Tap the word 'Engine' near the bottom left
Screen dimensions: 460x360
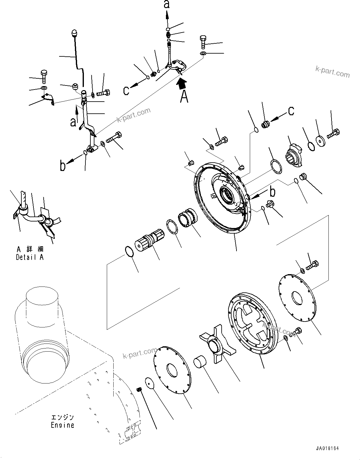click(62, 425)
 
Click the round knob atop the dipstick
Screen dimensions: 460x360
click(74, 33)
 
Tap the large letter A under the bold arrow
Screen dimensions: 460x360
click(184, 97)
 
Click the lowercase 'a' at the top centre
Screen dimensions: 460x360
click(167, 4)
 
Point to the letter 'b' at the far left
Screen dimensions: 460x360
click(63, 166)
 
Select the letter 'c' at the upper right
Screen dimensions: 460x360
click(291, 111)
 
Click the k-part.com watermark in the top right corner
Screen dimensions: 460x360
click(332, 73)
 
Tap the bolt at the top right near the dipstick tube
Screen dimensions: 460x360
click(203, 42)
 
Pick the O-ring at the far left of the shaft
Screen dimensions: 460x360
click(129, 251)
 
